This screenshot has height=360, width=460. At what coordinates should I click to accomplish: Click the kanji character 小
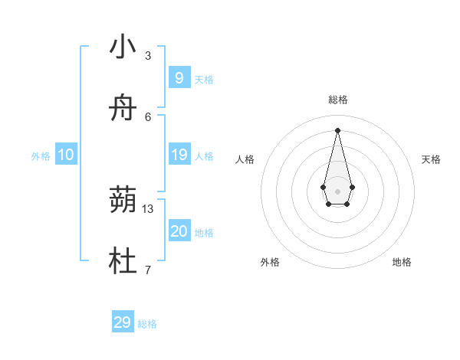coord(123,47)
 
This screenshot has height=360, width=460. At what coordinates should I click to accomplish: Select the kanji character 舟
coord(123,108)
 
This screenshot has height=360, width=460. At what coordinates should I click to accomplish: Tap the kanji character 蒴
coord(123,201)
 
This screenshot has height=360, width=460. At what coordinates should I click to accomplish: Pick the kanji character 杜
coord(123,262)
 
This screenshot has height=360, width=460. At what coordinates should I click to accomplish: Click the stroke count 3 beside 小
coord(148,56)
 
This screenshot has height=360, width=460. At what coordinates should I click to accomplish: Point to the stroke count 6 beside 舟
coord(148,116)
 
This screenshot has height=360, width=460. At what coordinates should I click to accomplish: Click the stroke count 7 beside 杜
coord(148,270)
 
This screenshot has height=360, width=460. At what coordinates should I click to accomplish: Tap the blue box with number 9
coord(179,77)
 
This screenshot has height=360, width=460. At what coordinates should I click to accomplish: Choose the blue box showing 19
coord(179,155)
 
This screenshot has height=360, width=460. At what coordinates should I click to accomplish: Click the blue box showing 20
coord(179,231)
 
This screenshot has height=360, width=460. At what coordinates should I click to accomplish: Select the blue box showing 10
coord(66,155)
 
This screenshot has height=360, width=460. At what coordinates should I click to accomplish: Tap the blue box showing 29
coord(123,322)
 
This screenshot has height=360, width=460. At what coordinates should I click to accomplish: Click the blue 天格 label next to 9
coord(204,79)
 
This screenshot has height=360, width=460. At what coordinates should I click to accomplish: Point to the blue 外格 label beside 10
coord(41,156)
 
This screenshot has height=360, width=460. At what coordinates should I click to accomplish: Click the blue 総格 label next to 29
coord(147,324)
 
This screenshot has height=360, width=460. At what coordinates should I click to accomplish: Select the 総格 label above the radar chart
coord(337,100)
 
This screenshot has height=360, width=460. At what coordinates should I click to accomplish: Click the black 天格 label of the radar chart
coord(431,159)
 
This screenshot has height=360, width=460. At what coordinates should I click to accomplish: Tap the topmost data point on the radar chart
coord(337,129)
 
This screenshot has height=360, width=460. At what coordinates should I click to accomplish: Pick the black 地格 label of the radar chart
coord(402,262)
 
